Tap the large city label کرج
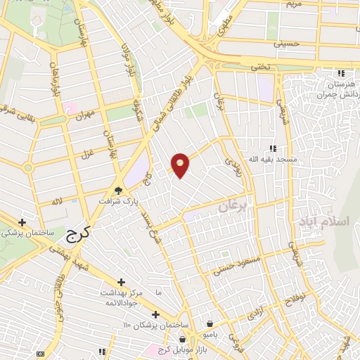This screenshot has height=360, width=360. [81, 232]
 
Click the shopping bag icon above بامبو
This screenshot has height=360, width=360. [210, 323]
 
